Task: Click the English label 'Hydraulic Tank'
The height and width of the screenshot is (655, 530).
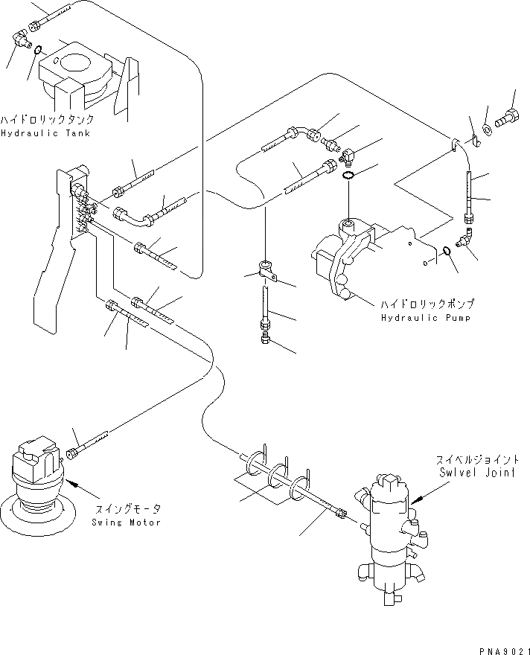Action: tap(45, 133)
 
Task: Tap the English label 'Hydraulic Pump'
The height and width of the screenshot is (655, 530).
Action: tap(426, 318)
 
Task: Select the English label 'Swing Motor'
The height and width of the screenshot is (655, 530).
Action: tap(126, 523)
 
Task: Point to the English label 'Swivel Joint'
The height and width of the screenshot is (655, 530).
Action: tap(476, 473)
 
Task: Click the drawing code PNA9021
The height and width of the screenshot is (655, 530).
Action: tap(504, 651)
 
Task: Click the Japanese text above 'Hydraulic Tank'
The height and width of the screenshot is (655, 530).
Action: tap(47, 120)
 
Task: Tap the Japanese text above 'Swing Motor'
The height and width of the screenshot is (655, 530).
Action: tap(128, 509)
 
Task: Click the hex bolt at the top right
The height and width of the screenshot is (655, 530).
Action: tap(508, 118)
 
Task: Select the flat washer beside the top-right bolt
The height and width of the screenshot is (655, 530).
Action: tap(487, 129)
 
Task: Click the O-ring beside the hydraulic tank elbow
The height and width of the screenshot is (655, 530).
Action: tap(37, 50)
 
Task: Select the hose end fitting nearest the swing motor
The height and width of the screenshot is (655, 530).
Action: tap(72, 453)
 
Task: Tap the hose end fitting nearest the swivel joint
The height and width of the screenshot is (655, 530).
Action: tap(341, 512)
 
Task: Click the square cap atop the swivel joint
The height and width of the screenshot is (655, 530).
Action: tap(390, 484)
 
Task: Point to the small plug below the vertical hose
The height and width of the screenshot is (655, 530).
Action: tap(266, 338)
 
